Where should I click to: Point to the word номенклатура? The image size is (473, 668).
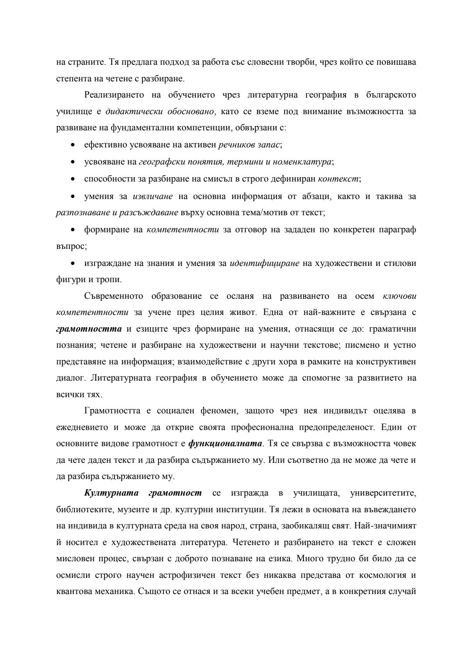(x=302, y=162)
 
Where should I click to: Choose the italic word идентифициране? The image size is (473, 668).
(x=265, y=263)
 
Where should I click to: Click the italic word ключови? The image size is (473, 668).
(x=399, y=296)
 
